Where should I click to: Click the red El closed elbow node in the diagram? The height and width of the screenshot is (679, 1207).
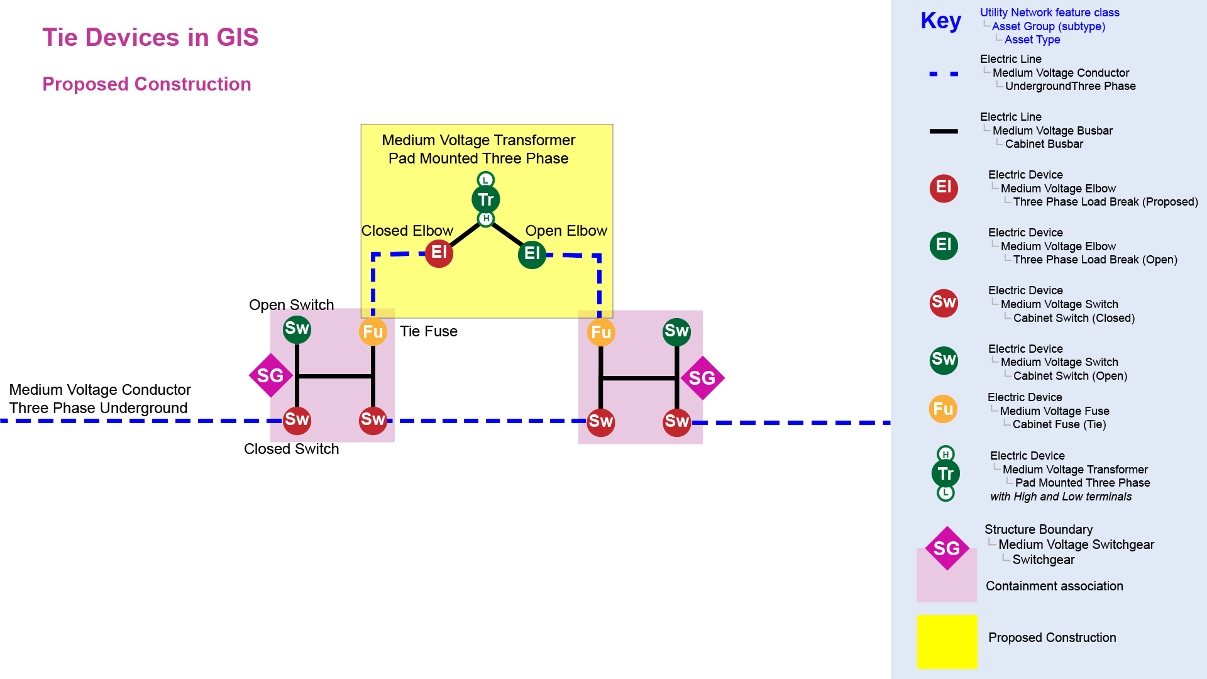tap(439, 253)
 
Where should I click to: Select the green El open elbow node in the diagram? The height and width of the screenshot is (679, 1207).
tap(532, 254)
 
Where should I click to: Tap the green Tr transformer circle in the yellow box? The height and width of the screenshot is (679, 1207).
tap(485, 200)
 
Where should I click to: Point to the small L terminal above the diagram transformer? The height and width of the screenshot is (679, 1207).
tap(485, 180)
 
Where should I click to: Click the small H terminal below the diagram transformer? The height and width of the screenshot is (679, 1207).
tap(485, 219)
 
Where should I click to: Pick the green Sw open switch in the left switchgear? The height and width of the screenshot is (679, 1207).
tap(297, 329)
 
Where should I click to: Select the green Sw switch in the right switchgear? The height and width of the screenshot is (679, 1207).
tap(676, 331)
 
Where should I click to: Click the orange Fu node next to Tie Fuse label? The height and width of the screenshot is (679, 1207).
tap(373, 332)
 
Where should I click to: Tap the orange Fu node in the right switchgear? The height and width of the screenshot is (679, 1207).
tap(600, 333)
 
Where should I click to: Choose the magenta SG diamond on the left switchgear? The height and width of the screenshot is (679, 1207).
tap(270, 376)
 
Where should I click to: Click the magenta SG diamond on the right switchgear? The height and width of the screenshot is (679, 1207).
tap(702, 378)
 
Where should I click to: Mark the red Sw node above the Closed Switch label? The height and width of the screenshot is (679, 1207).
tap(297, 420)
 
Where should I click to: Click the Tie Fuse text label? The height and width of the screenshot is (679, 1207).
tap(429, 331)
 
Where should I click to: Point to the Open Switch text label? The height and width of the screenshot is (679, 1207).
tap(291, 305)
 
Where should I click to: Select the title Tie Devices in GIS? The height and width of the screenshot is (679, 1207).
tap(150, 37)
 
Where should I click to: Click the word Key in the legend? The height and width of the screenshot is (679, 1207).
tap(940, 21)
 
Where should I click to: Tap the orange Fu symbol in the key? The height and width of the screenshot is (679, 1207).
tap(943, 409)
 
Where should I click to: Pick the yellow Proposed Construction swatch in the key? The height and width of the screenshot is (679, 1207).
tap(947, 641)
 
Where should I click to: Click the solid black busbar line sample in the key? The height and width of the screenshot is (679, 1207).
tap(944, 131)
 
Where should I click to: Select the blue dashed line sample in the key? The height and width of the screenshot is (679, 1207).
tap(944, 74)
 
